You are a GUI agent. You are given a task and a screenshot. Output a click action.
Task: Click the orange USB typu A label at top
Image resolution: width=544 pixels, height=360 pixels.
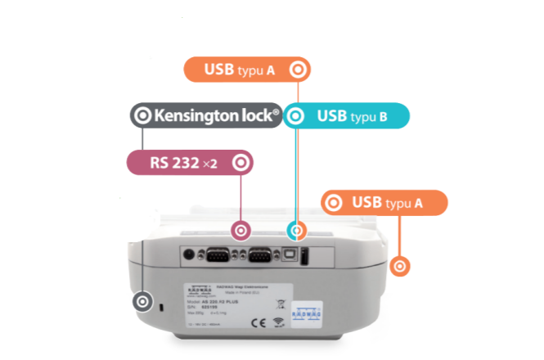pos(245,70)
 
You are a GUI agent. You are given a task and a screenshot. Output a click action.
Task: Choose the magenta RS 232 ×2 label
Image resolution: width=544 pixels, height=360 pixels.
pos(189,162)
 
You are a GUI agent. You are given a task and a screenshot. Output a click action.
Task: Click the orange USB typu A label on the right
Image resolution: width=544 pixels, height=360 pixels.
pos(384,202)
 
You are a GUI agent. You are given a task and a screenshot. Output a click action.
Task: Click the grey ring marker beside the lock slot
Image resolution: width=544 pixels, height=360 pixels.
pos(142,301)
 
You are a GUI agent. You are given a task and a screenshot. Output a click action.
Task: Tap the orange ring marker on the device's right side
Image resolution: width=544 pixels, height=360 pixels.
pos(400,265)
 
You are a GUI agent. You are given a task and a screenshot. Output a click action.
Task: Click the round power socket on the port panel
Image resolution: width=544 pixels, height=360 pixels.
pos(189,255)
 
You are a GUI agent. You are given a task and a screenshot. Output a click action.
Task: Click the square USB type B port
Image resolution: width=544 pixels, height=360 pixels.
pos(290,255)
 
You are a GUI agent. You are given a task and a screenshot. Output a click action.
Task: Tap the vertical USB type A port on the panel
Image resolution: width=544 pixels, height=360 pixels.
pos(303,258)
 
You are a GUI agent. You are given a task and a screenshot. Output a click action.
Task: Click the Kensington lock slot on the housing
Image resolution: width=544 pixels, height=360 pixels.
pos(160,307)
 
